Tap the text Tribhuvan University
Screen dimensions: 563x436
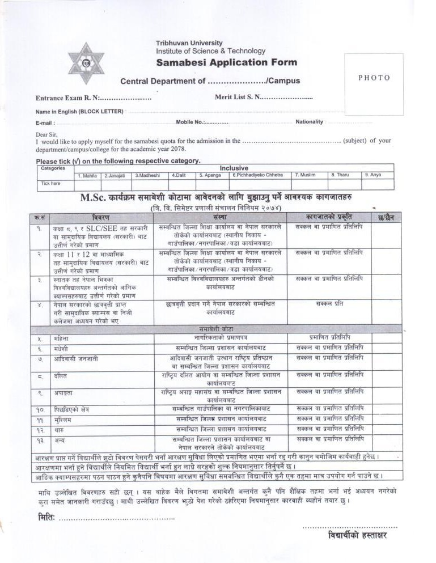(x=189, y=43)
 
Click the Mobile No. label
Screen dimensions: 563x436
(x=190, y=122)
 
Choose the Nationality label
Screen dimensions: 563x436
(x=309, y=122)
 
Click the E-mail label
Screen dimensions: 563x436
(x=45, y=122)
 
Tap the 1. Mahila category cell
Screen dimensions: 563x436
(x=87, y=175)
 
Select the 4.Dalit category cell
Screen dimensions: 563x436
(x=181, y=175)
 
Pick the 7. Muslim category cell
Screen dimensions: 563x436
(x=304, y=175)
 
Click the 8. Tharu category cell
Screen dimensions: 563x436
(x=340, y=175)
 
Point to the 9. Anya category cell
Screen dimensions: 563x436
(x=372, y=175)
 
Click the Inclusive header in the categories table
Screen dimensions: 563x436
(x=234, y=168)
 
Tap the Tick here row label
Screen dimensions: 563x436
(x=51, y=184)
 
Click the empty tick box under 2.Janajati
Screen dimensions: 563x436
(x=116, y=184)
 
